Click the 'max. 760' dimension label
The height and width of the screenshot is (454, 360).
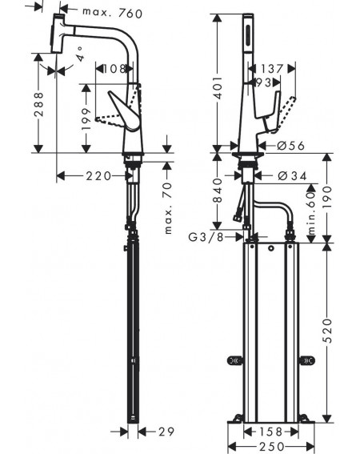(x=112, y=13)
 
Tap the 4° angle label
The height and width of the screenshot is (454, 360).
(x=81, y=54)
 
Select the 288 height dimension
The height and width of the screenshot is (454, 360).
(x=38, y=104)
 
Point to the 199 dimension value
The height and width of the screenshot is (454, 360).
(x=86, y=119)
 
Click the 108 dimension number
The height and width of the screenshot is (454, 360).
(x=114, y=69)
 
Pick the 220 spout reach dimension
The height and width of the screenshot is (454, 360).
(x=98, y=175)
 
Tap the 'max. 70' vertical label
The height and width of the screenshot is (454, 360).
(x=168, y=208)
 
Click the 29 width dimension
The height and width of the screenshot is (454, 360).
(x=166, y=432)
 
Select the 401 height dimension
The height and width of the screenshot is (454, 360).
(x=218, y=87)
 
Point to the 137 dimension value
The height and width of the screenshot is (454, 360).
(x=272, y=69)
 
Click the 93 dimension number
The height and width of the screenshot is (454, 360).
(x=264, y=82)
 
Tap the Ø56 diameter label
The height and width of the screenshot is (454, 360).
(x=290, y=146)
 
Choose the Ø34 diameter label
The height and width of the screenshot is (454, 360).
(x=292, y=175)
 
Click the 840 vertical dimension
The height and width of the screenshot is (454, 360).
(x=218, y=191)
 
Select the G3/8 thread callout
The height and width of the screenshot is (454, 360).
(x=206, y=237)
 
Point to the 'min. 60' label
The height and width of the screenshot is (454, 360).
(x=311, y=214)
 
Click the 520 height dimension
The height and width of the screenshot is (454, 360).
(x=327, y=331)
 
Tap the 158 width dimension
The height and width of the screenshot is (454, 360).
(x=270, y=432)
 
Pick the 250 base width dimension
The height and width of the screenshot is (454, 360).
(x=271, y=446)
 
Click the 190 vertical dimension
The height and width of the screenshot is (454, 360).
(x=327, y=198)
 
